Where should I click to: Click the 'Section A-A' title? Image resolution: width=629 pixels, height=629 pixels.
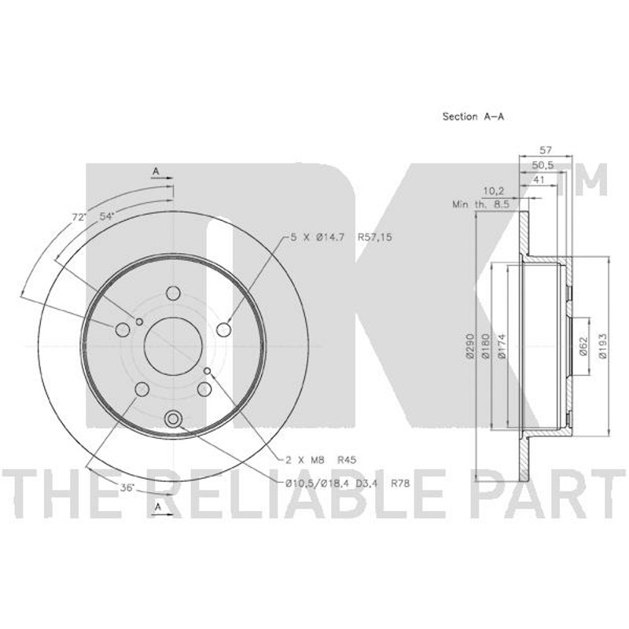pyautogui.click(x=473, y=116)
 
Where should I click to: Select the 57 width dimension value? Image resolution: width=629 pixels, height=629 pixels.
pyautogui.click(x=545, y=150)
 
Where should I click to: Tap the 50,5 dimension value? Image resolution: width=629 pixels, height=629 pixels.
pyautogui.click(x=543, y=165)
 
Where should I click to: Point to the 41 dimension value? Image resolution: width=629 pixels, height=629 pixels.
pyautogui.click(x=539, y=180)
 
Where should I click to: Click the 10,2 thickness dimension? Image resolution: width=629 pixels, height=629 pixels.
pyautogui.click(x=494, y=191)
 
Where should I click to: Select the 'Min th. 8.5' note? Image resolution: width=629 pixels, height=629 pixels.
pyautogui.click(x=480, y=204)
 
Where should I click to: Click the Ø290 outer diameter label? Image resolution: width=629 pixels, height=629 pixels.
pyautogui.click(x=469, y=345)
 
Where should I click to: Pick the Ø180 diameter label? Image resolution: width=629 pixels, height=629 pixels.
pyautogui.click(x=485, y=345)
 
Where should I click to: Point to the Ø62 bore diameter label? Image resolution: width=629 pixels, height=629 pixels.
pyautogui.click(x=583, y=345)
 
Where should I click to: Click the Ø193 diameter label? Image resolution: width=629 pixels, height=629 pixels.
pyautogui.click(x=604, y=345)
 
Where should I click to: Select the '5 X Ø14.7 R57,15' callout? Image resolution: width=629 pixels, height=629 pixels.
pyautogui.click(x=341, y=237)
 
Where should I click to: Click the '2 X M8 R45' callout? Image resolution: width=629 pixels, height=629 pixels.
pyautogui.click(x=321, y=460)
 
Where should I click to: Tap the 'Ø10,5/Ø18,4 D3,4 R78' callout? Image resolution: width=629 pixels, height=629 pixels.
pyautogui.click(x=348, y=484)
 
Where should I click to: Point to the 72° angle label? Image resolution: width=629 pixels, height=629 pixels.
pyautogui.click(x=79, y=217)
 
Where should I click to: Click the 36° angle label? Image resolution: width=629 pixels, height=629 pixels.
pyautogui.click(x=127, y=487)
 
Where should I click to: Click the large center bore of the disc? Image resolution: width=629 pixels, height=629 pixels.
pyautogui.click(x=173, y=346)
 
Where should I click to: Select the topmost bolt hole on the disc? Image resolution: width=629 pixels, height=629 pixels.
pyautogui.click(x=173, y=293)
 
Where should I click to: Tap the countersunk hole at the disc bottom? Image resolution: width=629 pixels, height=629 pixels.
pyautogui.click(x=173, y=419)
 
